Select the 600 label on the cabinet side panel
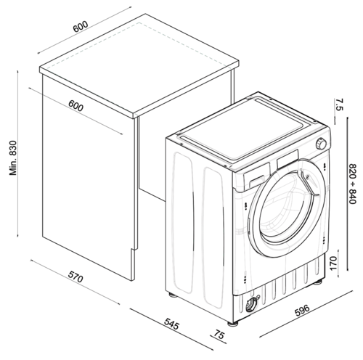pos(76,105)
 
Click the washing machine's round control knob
pos(320,143)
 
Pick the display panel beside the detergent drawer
pos(288,157)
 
